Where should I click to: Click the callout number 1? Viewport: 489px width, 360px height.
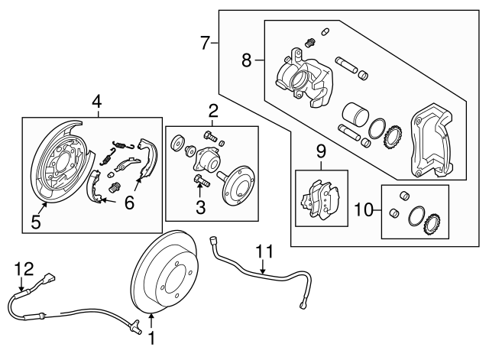[151, 338]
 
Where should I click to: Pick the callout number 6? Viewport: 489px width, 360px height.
[129, 203]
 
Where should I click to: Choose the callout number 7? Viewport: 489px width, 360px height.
[205, 44]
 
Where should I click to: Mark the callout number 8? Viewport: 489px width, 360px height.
[246, 60]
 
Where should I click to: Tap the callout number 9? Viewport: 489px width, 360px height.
[321, 151]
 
